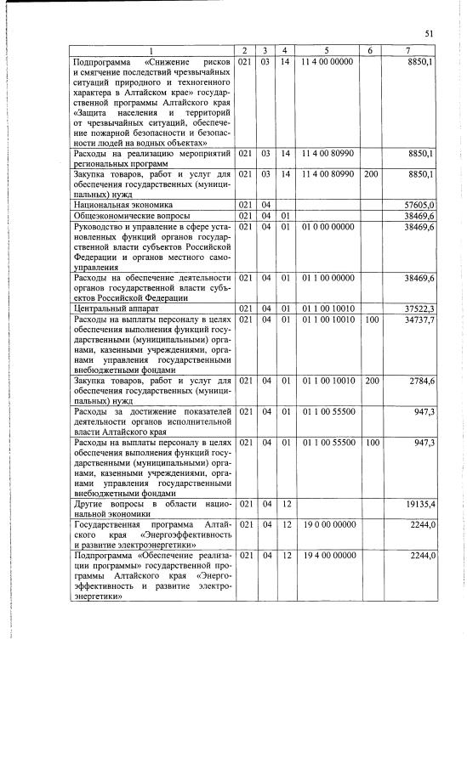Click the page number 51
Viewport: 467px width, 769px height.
[430, 33]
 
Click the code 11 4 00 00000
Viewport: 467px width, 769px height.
[327, 63]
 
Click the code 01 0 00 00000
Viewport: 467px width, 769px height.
[327, 227]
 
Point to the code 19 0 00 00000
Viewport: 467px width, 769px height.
[327, 524]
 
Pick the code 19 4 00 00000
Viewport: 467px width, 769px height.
[327, 555]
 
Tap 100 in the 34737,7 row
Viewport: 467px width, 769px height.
[371, 319]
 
